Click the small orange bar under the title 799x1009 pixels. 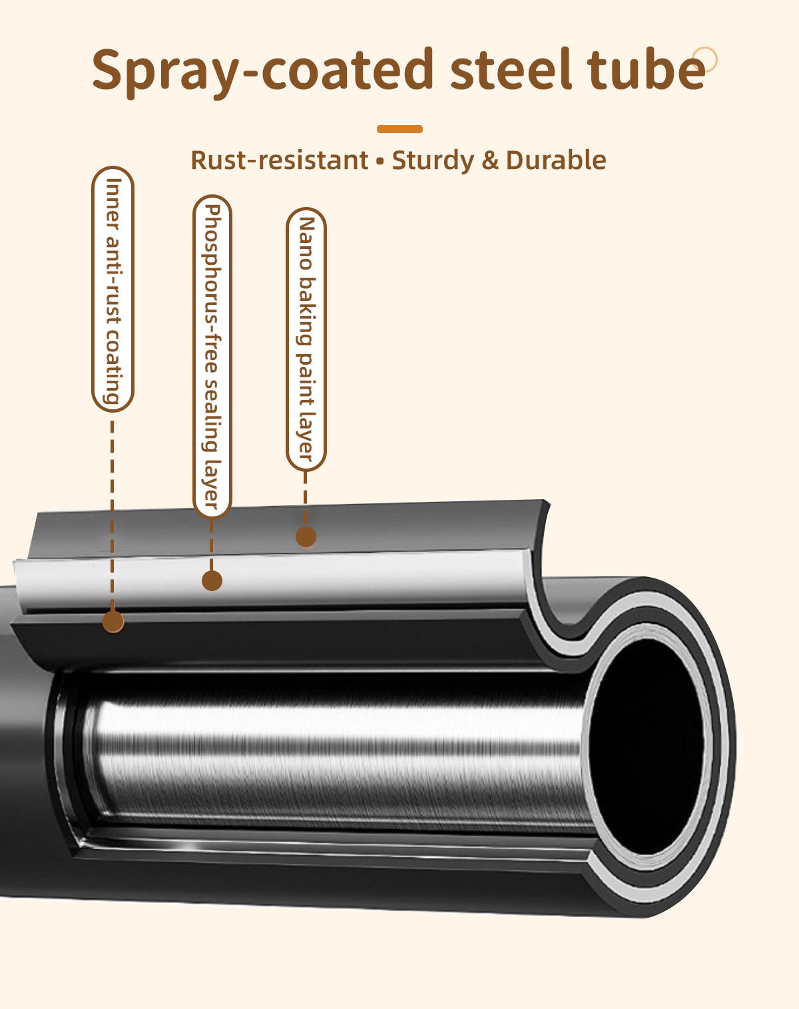tap(400, 129)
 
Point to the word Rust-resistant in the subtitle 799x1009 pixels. tap(280, 160)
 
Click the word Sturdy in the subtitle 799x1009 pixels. tap(433, 161)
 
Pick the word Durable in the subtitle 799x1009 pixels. tap(556, 160)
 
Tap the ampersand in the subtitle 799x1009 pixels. tap(490, 160)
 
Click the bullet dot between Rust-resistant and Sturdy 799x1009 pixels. tap(380, 162)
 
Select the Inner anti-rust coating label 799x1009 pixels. tap(113, 290)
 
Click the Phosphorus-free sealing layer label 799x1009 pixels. tap(212, 357)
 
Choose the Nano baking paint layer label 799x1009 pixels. tap(306, 339)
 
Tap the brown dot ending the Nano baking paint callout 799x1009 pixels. tap(306, 536)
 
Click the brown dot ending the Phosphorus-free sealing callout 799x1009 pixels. tap(212, 581)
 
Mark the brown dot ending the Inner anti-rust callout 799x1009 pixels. tap(113, 622)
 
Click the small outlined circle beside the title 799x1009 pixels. tap(704, 59)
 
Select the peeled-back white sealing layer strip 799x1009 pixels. tap(272, 582)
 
